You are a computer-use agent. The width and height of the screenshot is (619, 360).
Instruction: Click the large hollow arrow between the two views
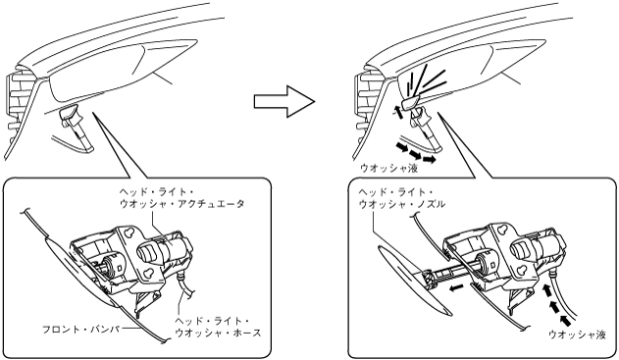pos(284,101)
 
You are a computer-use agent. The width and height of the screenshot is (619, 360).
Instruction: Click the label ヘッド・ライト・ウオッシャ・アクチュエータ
pos(182,198)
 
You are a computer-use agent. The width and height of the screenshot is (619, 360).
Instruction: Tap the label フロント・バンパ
pos(81,329)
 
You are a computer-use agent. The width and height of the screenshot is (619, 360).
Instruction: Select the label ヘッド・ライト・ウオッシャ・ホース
pos(218,327)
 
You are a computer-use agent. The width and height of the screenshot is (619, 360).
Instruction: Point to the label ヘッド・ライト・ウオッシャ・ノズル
pos(402,198)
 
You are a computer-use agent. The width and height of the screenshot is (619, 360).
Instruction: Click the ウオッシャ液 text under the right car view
pos(388,169)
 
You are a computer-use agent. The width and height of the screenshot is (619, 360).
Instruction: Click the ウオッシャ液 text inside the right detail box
pos(577,334)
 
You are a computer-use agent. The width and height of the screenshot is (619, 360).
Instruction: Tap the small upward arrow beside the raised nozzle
pos(398,112)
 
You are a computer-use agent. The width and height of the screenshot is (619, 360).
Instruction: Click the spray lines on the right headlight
pos(424,80)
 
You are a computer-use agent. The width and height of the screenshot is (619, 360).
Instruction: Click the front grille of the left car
pos(19,107)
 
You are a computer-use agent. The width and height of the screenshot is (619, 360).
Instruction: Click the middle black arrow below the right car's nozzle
pos(415,153)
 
